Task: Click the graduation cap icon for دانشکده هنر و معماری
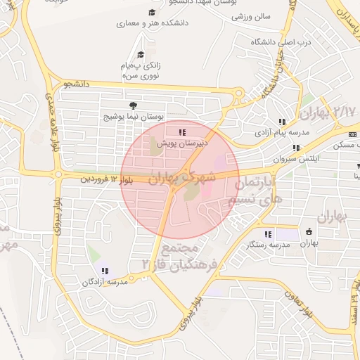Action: (x=153, y=13)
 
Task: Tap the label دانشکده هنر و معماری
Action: (x=153, y=23)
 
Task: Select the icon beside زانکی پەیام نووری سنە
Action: (x=141, y=54)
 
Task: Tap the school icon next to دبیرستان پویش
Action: (x=183, y=131)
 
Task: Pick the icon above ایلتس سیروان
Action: (x=296, y=148)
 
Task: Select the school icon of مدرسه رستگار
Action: (x=267, y=234)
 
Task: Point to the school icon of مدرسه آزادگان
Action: (x=105, y=271)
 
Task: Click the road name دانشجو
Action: (x=78, y=84)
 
